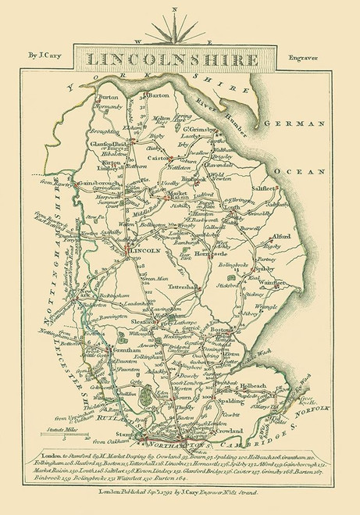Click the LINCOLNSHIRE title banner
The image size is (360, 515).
[x=180, y=59]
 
